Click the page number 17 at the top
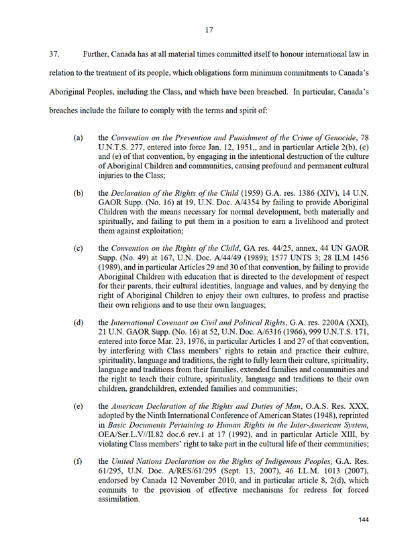click(x=209, y=29)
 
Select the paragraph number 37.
click(x=55, y=53)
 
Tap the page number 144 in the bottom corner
click(x=364, y=521)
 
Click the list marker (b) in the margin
click(x=79, y=192)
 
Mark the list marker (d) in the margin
click(x=79, y=321)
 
